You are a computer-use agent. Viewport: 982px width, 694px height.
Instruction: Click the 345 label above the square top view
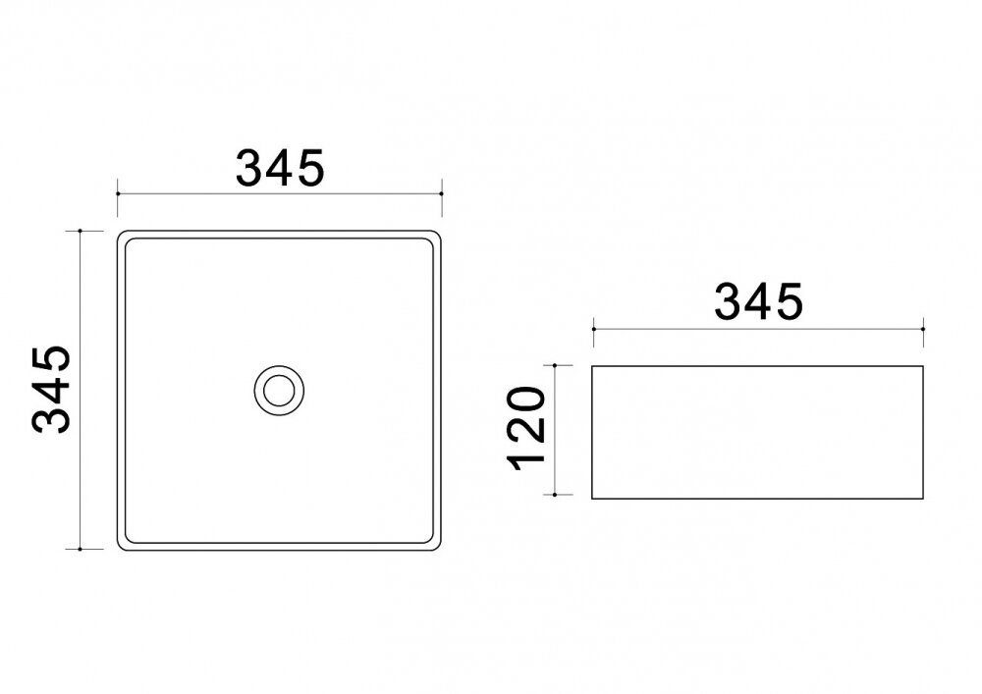click(x=280, y=168)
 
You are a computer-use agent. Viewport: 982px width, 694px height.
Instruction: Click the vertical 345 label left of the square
click(x=51, y=389)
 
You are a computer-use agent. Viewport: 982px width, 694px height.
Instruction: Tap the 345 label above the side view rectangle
click(x=758, y=302)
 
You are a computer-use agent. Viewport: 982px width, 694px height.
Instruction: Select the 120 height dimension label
click(x=527, y=429)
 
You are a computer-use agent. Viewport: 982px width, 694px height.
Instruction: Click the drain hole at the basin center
click(x=279, y=391)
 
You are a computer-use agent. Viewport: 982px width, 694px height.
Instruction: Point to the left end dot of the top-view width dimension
click(x=118, y=194)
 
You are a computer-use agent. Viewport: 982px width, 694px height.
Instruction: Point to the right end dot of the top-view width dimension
click(x=442, y=194)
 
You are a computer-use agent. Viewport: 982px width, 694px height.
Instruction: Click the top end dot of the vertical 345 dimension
click(x=81, y=231)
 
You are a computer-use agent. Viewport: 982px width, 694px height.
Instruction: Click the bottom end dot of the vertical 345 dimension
click(x=81, y=550)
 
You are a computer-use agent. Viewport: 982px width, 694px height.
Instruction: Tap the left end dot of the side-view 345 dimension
click(x=594, y=329)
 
